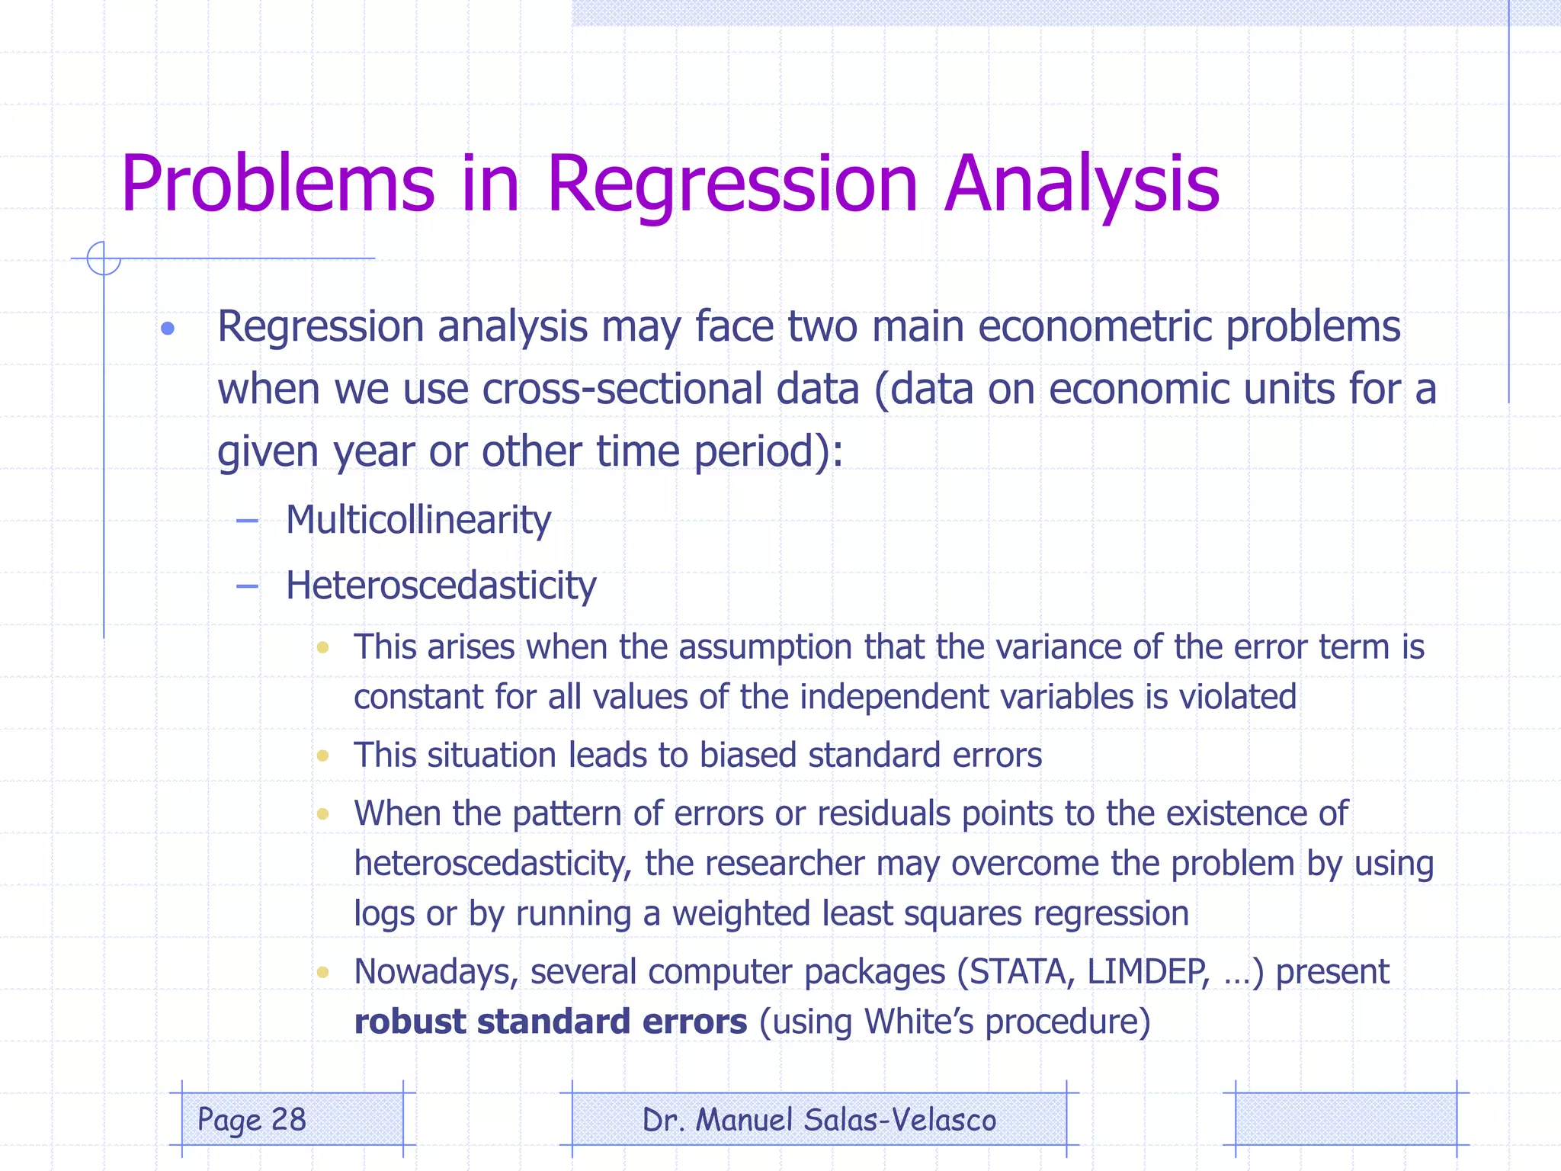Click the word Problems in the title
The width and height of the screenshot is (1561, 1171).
coord(277,184)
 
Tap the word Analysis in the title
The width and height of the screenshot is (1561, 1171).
coord(1082,184)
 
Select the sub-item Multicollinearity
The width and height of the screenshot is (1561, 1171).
coord(418,521)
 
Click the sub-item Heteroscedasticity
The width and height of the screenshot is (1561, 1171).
coord(441,585)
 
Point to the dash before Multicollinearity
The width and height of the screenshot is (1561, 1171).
coord(247,521)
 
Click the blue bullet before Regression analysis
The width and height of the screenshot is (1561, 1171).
coord(168,329)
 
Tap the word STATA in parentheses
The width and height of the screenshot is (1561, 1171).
coord(1021,972)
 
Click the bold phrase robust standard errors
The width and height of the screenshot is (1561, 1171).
coord(550,1022)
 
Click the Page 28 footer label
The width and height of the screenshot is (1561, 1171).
coord(252,1120)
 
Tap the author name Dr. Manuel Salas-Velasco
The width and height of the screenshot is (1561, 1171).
coord(819,1120)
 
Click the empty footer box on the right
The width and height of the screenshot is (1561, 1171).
coord(1345,1120)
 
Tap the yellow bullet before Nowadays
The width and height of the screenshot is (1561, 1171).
coord(322,972)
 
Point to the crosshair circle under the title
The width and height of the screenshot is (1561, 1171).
coord(104,258)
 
